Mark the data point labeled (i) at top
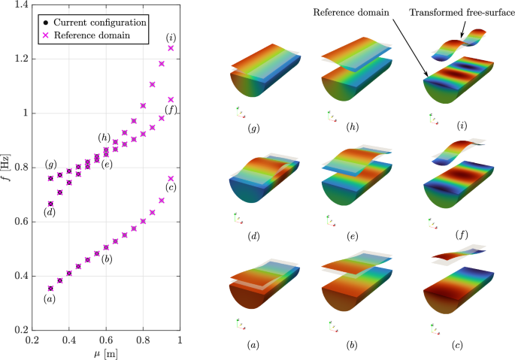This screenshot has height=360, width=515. pos(171,48)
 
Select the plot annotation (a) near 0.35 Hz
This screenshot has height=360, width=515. pos(50,300)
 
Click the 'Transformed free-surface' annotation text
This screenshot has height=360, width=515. pos(471,12)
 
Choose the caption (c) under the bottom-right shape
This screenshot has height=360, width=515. pos(456,346)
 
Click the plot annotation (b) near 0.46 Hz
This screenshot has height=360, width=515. pos(107,260)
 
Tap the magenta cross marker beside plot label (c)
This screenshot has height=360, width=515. pos(171,179)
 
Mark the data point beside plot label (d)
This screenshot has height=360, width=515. pos(50,204)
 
